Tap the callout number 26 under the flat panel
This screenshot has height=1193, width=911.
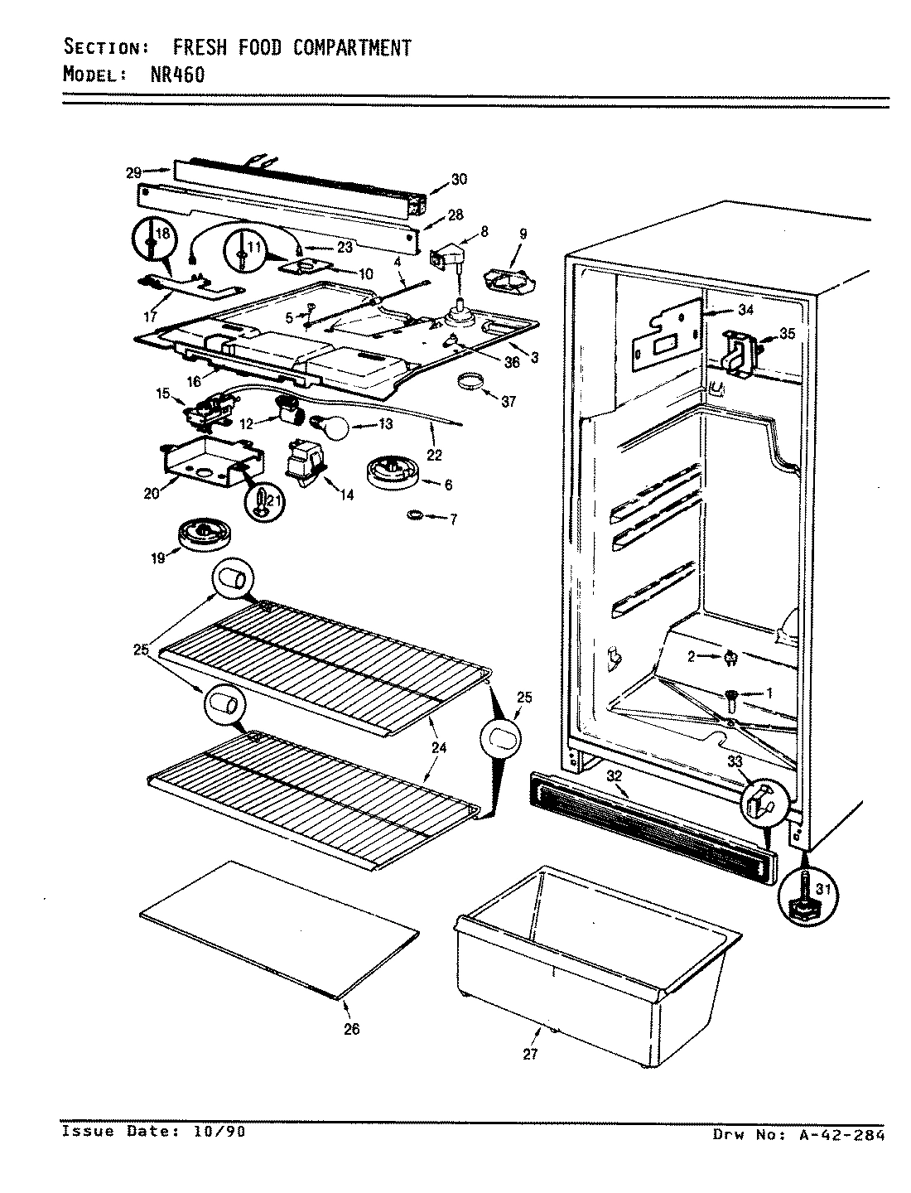(x=352, y=1029)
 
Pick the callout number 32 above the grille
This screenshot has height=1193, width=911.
(x=614, y=776)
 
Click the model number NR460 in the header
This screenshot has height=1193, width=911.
(x=169, y=74)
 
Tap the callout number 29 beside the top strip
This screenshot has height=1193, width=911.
(x=133, y=172)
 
